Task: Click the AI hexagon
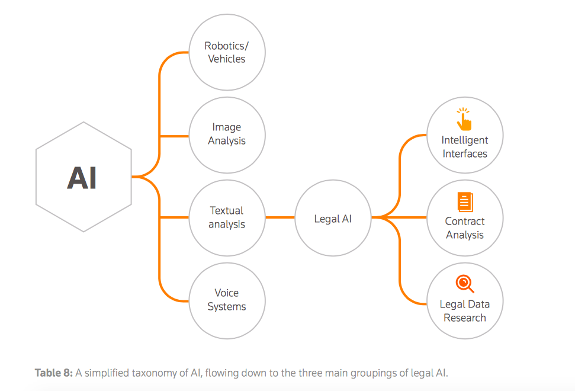(83, 177)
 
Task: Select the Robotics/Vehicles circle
(227, 53)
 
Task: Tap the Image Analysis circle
(227, 135)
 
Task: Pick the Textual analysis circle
(227, 217)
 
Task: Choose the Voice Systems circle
(227, 300)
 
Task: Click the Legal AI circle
(333, 219)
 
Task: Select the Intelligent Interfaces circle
(465, 136)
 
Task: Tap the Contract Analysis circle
(465, 218)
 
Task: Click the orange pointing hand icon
(464, 119)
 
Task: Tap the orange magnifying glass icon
(465, 284)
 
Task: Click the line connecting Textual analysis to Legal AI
(280, 218)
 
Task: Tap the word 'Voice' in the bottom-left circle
(227, 293)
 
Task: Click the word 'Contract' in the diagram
(465, 221)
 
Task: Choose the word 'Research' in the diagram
(465, 318)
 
